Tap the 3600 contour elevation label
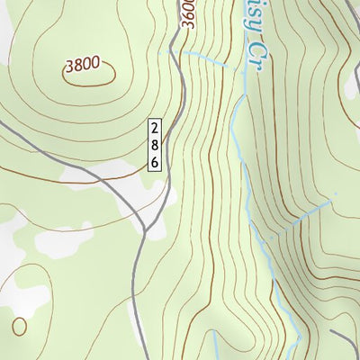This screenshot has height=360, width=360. [186, 15]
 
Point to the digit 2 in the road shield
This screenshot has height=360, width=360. [156, 129]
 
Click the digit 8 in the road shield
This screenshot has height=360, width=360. [156, 144]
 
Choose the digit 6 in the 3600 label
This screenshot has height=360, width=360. [186, 19]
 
